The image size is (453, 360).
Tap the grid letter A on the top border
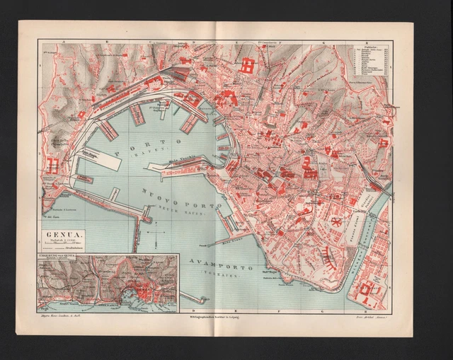64,42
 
